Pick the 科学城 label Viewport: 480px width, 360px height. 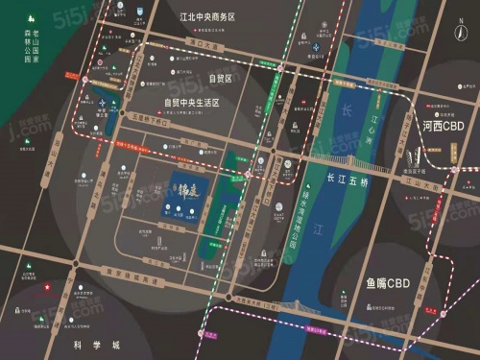point(92,344)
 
